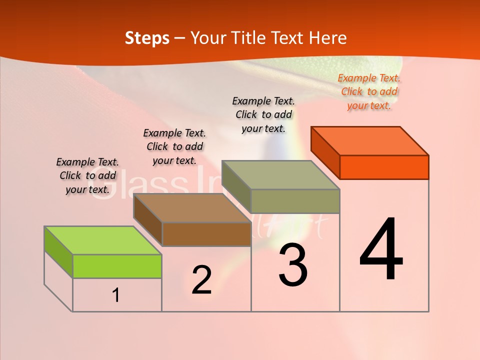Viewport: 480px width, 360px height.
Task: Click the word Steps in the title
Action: [147, 38]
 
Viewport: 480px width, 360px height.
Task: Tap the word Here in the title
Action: [327, 38]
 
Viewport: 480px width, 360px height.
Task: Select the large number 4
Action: [381, 249]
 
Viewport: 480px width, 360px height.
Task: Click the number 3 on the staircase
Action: [293, 265]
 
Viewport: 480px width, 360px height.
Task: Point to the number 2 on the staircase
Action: [201, 280]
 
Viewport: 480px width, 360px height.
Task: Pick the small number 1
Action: [116, 295]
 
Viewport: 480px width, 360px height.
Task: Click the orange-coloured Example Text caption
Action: [369, 91]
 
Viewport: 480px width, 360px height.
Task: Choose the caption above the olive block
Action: [263, 114]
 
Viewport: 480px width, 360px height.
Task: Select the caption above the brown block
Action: [174, 146]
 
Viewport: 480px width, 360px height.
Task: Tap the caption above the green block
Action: [87, 175]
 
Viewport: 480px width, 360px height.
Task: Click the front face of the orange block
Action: [384, 167]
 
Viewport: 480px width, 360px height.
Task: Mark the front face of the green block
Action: [117, 266]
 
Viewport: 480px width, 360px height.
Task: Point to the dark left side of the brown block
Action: [148, 220]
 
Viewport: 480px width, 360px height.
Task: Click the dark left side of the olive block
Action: [236, 187]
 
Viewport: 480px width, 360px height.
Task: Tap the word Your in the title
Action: [207, 38]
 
